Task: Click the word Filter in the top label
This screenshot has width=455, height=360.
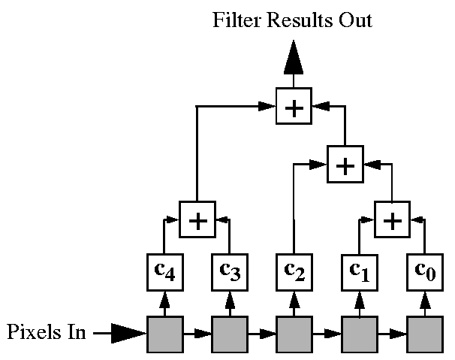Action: click(234, 20)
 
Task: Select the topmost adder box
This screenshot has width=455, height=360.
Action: click(294, 107)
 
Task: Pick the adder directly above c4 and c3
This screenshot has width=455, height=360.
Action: click(197, 219)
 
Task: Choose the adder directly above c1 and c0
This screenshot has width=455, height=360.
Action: click(392, 219)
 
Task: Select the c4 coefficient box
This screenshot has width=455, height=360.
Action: click(164, 272)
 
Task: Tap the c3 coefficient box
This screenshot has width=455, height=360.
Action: click(229, 272)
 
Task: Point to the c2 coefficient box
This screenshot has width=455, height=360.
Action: click(294, 272)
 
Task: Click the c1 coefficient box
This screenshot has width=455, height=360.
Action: click(359, 272)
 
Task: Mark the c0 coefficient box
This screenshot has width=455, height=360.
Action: click(425, 272)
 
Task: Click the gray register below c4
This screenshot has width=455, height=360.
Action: click(164, 332)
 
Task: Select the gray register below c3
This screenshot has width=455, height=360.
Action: click(229, 332)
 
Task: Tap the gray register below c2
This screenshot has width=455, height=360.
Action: click(294, 332)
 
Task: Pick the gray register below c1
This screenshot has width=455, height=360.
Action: click(360, 332)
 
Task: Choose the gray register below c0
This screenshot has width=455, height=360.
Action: click(425, 332)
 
